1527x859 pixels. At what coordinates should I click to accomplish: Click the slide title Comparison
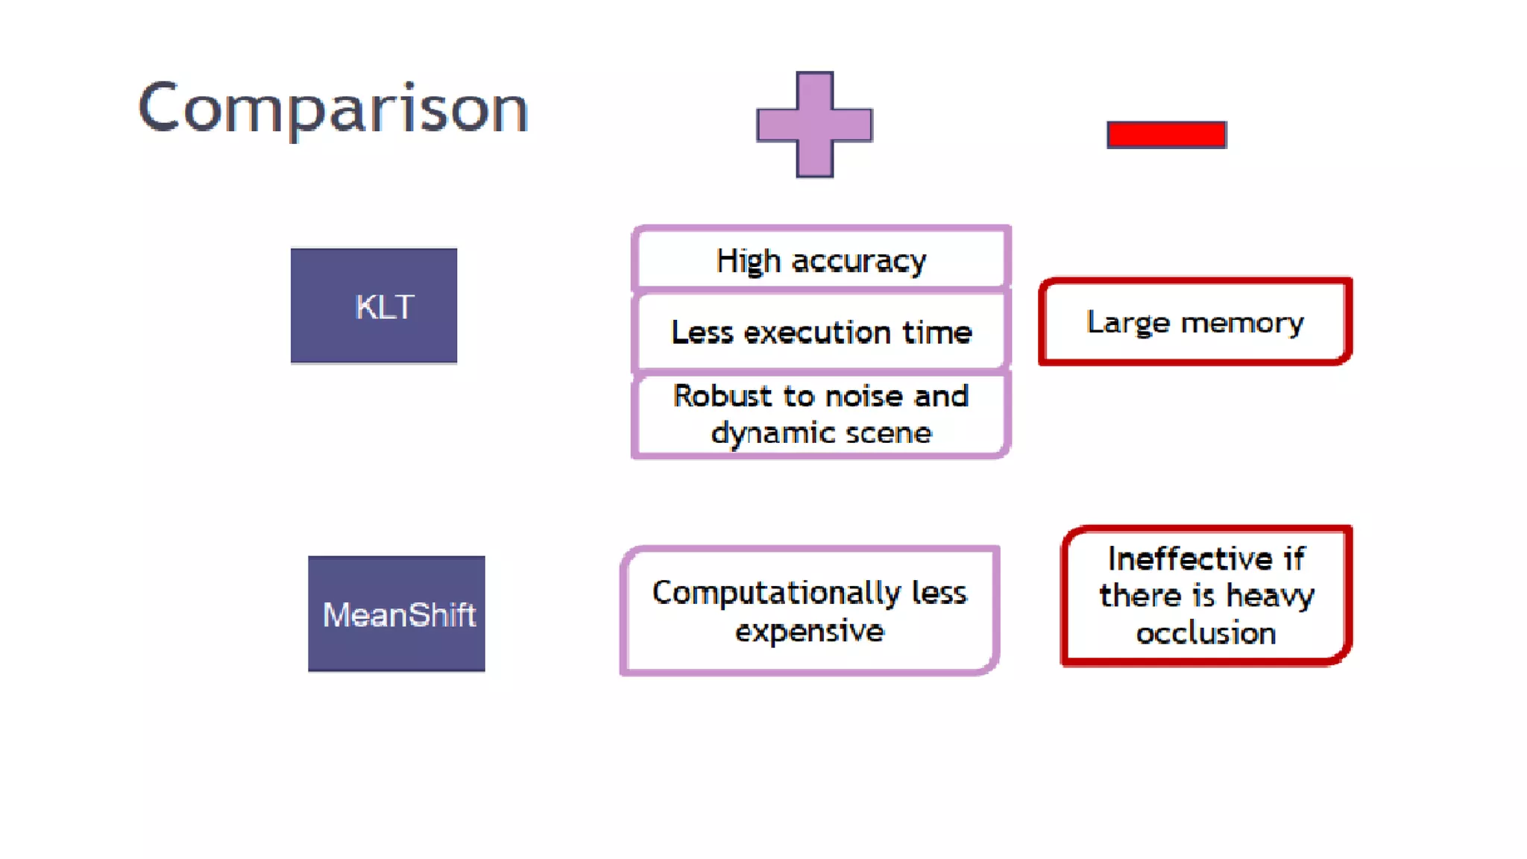click(x=333, y=109)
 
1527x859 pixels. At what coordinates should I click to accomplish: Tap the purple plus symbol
click(x=814, y=125)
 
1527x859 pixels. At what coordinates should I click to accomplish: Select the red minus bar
click(x=1166, y=135)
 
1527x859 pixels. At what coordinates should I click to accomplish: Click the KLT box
click(x=374, y=306)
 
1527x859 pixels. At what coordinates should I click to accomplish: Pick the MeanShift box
click(x=397, y=614)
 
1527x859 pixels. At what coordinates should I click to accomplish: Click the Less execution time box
click(x=821, y=332)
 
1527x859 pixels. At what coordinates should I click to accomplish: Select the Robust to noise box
click(x=821, y=415)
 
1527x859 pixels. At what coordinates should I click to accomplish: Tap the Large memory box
click(x=1195, y=322)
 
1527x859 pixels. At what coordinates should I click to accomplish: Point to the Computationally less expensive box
click(x=810, y=611)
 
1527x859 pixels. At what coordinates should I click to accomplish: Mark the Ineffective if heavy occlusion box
click(x=1206, y=595)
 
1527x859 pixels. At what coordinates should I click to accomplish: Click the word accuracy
click(x=858, y=262)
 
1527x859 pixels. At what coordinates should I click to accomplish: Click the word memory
click(x=1242, y=323)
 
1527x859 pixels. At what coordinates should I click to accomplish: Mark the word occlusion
click(x=1206, y=633)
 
